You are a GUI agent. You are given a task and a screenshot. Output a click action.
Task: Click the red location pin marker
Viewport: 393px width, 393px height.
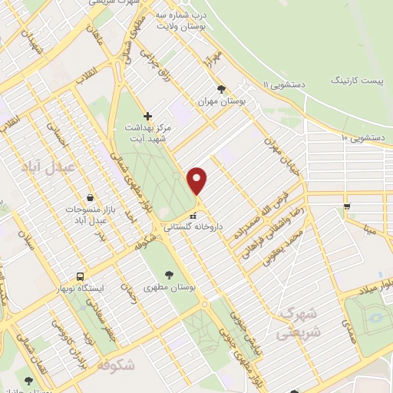tap(197, 181)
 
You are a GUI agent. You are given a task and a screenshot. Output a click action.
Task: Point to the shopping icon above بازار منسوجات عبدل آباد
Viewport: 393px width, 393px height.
tap(91, 198)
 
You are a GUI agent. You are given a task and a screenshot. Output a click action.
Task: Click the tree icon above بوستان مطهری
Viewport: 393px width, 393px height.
tap(169, 274)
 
